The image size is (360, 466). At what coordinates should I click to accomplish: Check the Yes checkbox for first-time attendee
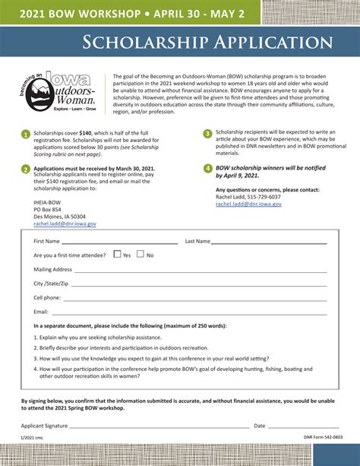(x=117, y=255)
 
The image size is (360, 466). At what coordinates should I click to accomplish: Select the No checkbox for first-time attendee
(x=141, y=255)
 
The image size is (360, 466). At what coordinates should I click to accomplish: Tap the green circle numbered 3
(x=207, y=134)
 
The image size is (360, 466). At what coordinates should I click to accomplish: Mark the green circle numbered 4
(x=207, y=168)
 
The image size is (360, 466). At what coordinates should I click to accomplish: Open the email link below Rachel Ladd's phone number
(x=248, y=204)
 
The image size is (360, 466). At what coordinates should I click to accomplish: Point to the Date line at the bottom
(x=304, y=426)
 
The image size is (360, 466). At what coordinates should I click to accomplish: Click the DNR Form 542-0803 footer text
(x=323, y=438)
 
